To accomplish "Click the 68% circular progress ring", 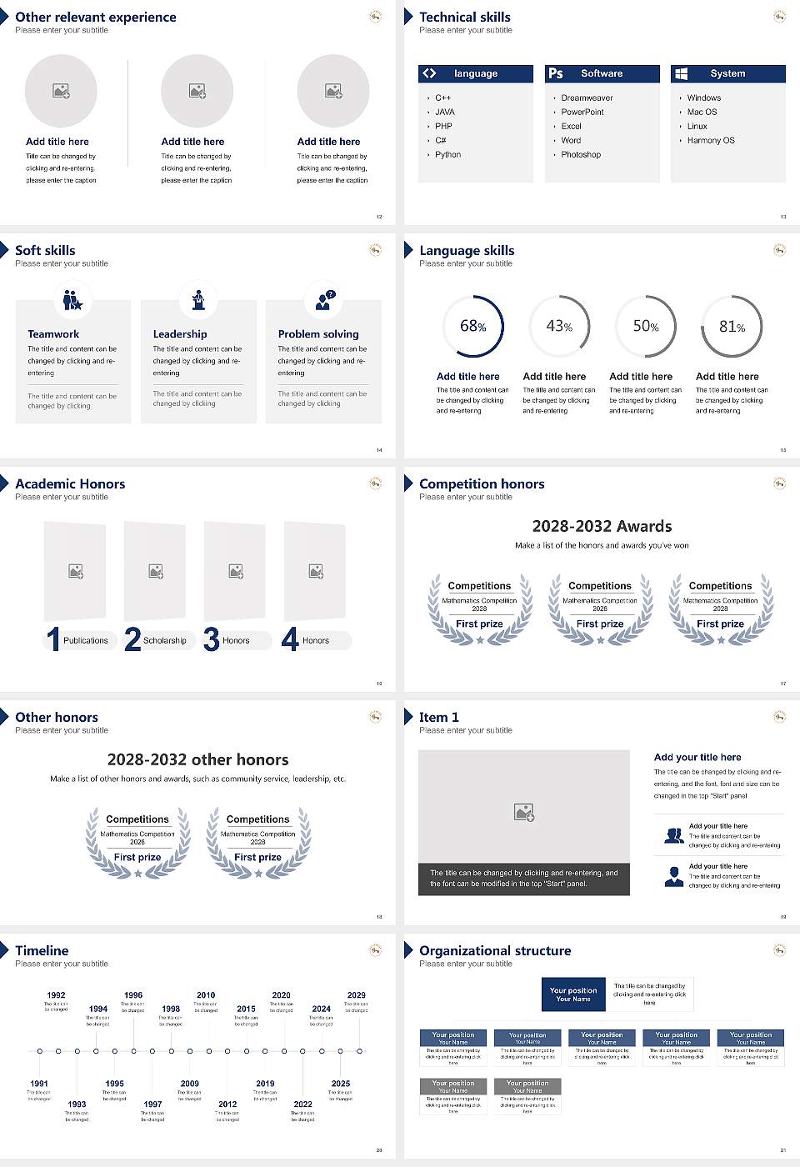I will click(x=473, y=327).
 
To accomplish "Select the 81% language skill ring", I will click(x=732, y=327).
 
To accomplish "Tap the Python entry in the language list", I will click(x=447, y=155).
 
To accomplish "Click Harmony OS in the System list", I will click(x=711, y=141).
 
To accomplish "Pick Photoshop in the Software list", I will click(x=581, y=155).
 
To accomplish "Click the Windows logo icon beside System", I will click(x=681, y=73).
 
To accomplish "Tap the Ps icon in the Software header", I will click(x=556, y=73).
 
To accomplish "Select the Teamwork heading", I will click(x=53, y=334).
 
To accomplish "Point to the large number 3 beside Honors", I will click(x=211, y=639).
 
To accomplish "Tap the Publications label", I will click(x=86, y=641).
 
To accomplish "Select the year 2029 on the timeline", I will click(x=356, y=995).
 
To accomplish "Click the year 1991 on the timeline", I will click(x=39, y=1084).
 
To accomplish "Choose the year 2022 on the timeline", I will click(x=302, y=1104).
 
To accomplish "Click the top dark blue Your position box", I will click(x=573, y=994).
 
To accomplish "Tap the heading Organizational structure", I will click(x=495, y=951).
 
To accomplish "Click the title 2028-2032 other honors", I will click(x=197, y=760).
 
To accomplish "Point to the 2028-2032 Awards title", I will click(x=602, y=527).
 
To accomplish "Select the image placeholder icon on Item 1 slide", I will click(x=524, y=812).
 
